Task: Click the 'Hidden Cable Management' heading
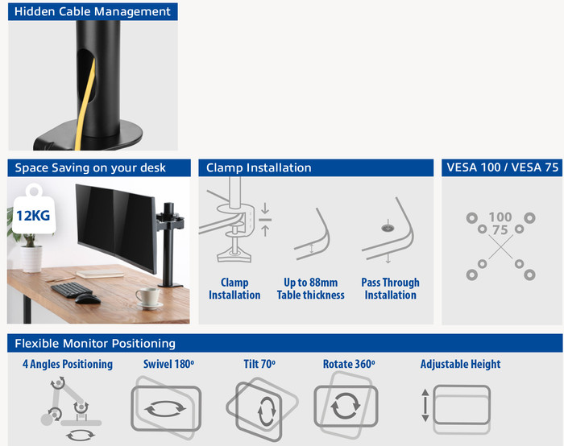click(x=93, y=11)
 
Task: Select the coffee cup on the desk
click(x=147, y=297)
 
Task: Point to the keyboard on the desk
click(x=73, y=289)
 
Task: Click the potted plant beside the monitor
click(x=31, y=250)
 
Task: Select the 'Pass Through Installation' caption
click(x=390, y=289)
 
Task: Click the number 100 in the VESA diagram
click(x=500, y=217)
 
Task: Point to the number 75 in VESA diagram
click(x=500, y=230)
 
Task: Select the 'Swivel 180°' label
click(x=168, y=364)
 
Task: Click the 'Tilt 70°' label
click(x=259, y=364)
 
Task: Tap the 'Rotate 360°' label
click(x=349, y=364)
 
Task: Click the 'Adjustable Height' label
click(x=460, y=364)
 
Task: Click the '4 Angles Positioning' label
click(x=68, y=364)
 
